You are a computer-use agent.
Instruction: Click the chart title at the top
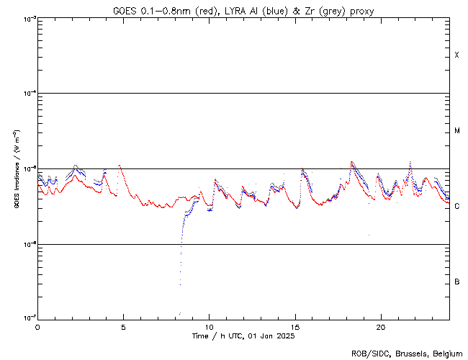coord(243,10)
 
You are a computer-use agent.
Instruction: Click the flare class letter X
coord(456,55)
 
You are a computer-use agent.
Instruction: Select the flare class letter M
coord(456,131)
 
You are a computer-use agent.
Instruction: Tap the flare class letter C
coord(456,207)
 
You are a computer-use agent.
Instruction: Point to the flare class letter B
coord(456,282)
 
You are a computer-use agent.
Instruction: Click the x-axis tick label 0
coord(37,327)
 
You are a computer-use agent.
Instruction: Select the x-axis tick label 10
coord(209,327)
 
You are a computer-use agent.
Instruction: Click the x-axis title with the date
coord(243,336)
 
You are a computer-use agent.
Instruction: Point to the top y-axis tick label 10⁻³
coord(27,18)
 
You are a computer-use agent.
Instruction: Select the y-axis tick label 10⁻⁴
coord(27,94)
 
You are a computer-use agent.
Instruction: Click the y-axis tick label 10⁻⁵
coord(27,168)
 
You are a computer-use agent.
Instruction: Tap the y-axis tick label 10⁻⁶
coord(27,244)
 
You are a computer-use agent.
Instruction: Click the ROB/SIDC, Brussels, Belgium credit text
coord(406,354)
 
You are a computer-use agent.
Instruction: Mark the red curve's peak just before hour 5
coord(120,166)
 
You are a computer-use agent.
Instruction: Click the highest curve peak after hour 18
coord(351,162)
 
